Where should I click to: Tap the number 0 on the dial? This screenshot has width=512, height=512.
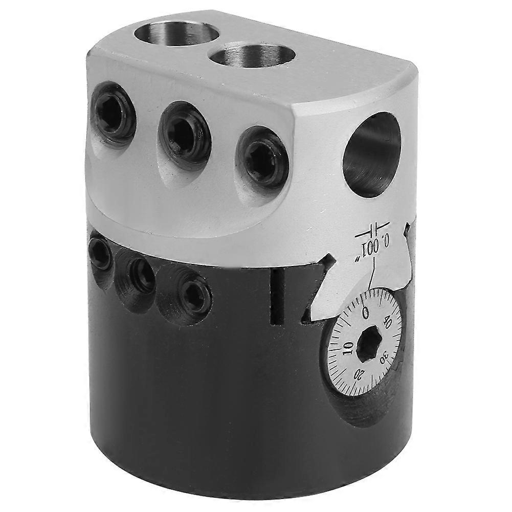(365, 312)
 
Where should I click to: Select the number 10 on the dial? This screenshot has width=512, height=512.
(347, 350)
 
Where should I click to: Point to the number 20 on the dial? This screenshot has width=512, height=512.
(360, 374)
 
